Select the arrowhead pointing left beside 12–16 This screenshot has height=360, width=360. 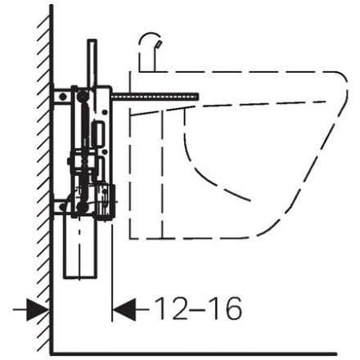pos(124,309)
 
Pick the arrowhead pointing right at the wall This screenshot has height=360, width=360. pos(38,309)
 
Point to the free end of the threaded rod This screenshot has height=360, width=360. pos(198,97)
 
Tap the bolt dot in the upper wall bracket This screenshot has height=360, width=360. pos(63,97)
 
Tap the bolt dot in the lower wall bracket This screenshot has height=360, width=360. pos(63,207)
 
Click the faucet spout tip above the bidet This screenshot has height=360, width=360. pos(160,43)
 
